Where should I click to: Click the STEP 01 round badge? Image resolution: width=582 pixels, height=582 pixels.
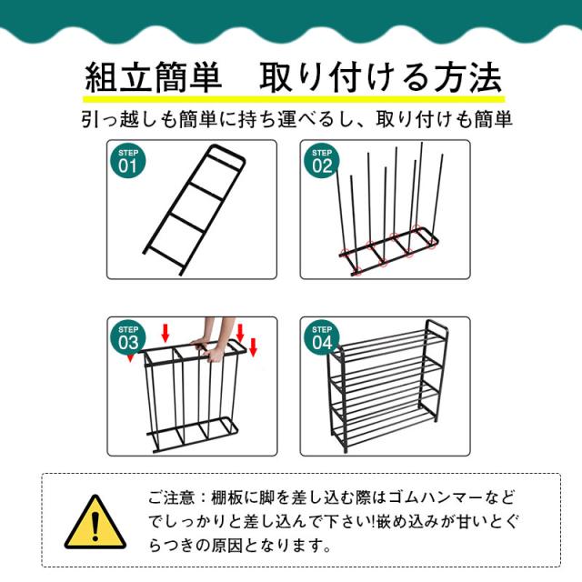click(127, 161)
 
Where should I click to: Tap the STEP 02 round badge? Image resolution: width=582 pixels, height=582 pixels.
click(321, 161)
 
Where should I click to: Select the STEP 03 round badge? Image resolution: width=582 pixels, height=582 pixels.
click(127, 337)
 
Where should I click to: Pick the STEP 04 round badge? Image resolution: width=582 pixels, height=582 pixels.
click(321, 337)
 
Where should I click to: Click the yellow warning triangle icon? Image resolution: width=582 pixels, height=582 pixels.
click(95, 522)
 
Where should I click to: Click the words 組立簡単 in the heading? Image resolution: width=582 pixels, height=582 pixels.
click(153, 78)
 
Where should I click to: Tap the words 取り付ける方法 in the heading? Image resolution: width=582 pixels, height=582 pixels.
click(380, 78)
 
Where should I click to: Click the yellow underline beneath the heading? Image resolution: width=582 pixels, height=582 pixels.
click(294, 99)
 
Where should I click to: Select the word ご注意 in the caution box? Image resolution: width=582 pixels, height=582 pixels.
click(172, 497)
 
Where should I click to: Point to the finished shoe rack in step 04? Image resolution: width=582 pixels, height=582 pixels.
click(388, 386)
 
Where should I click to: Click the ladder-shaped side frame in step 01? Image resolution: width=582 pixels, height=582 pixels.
click(194, 210)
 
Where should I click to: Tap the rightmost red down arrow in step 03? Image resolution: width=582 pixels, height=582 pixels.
click(253, 347)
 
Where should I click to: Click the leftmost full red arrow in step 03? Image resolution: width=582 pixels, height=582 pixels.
click(166, 333)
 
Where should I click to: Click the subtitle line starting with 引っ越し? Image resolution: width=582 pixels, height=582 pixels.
click(297, 119)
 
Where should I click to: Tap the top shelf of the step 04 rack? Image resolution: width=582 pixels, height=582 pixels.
click(390, 342)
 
